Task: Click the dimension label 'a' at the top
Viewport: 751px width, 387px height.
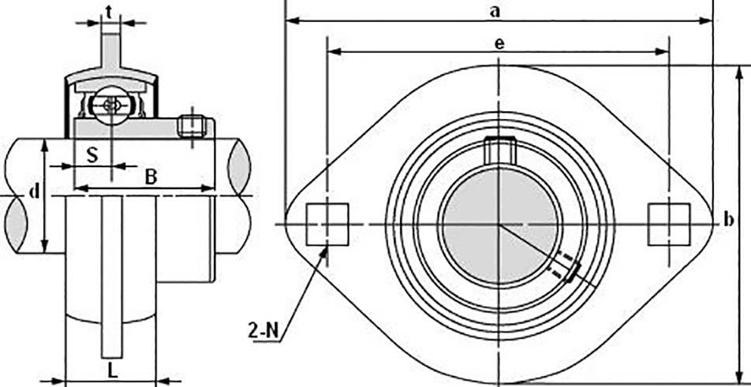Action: (x=495, y=10)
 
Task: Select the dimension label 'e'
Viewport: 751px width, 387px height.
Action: (x=499, y=44)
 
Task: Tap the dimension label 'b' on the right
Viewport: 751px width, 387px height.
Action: (x=727, y=221)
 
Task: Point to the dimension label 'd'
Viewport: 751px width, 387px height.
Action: (x=32, y=192)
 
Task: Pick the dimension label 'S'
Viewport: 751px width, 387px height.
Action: (x=92, y=154)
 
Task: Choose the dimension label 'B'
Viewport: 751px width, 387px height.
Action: (x=151, y=177)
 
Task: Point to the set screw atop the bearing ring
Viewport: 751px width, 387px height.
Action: (x=499, y=148)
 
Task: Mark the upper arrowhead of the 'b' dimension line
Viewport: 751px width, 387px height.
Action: (x=738, y=72)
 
